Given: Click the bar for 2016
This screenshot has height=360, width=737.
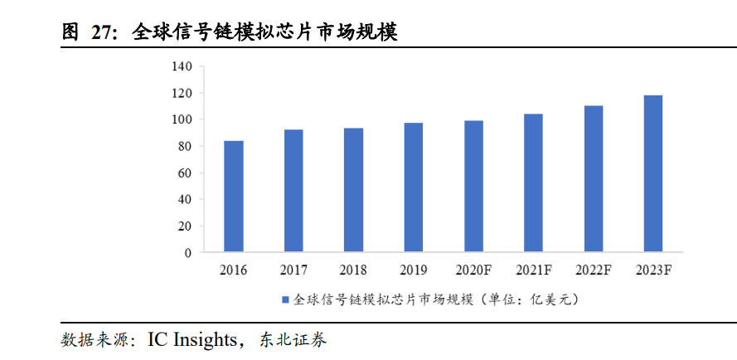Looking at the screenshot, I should tap(234, 197).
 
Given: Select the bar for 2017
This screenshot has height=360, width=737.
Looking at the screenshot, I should tap(293, 191).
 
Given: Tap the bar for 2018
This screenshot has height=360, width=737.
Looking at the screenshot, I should tap(353, 190).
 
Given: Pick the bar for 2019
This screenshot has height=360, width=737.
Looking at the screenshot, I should tap(414, 187).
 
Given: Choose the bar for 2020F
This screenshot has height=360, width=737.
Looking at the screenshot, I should tap(473, 187).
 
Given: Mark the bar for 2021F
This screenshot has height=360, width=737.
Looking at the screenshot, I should tap(533, 182).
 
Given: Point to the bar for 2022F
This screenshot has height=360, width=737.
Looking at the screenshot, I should tap(593, 178).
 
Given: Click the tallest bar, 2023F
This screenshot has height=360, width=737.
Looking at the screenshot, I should tap(653, 173).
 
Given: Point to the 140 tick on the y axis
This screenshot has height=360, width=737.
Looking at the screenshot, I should tap(182, 66).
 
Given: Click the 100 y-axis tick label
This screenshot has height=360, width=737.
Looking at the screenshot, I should tap(182, 119).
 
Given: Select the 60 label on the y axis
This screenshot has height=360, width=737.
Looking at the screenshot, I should tap(186, 173).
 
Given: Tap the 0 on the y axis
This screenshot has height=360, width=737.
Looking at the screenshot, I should tap(188, 252).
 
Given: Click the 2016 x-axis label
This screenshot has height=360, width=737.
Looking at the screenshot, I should tap(234, 270).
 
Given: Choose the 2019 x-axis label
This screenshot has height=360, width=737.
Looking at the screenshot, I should tap(414, 270).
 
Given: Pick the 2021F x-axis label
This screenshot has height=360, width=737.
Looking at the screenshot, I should tap(533, 270).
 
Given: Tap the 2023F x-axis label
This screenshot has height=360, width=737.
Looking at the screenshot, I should tap(653, 270).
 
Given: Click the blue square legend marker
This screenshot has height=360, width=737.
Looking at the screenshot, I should tap(285, 299).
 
